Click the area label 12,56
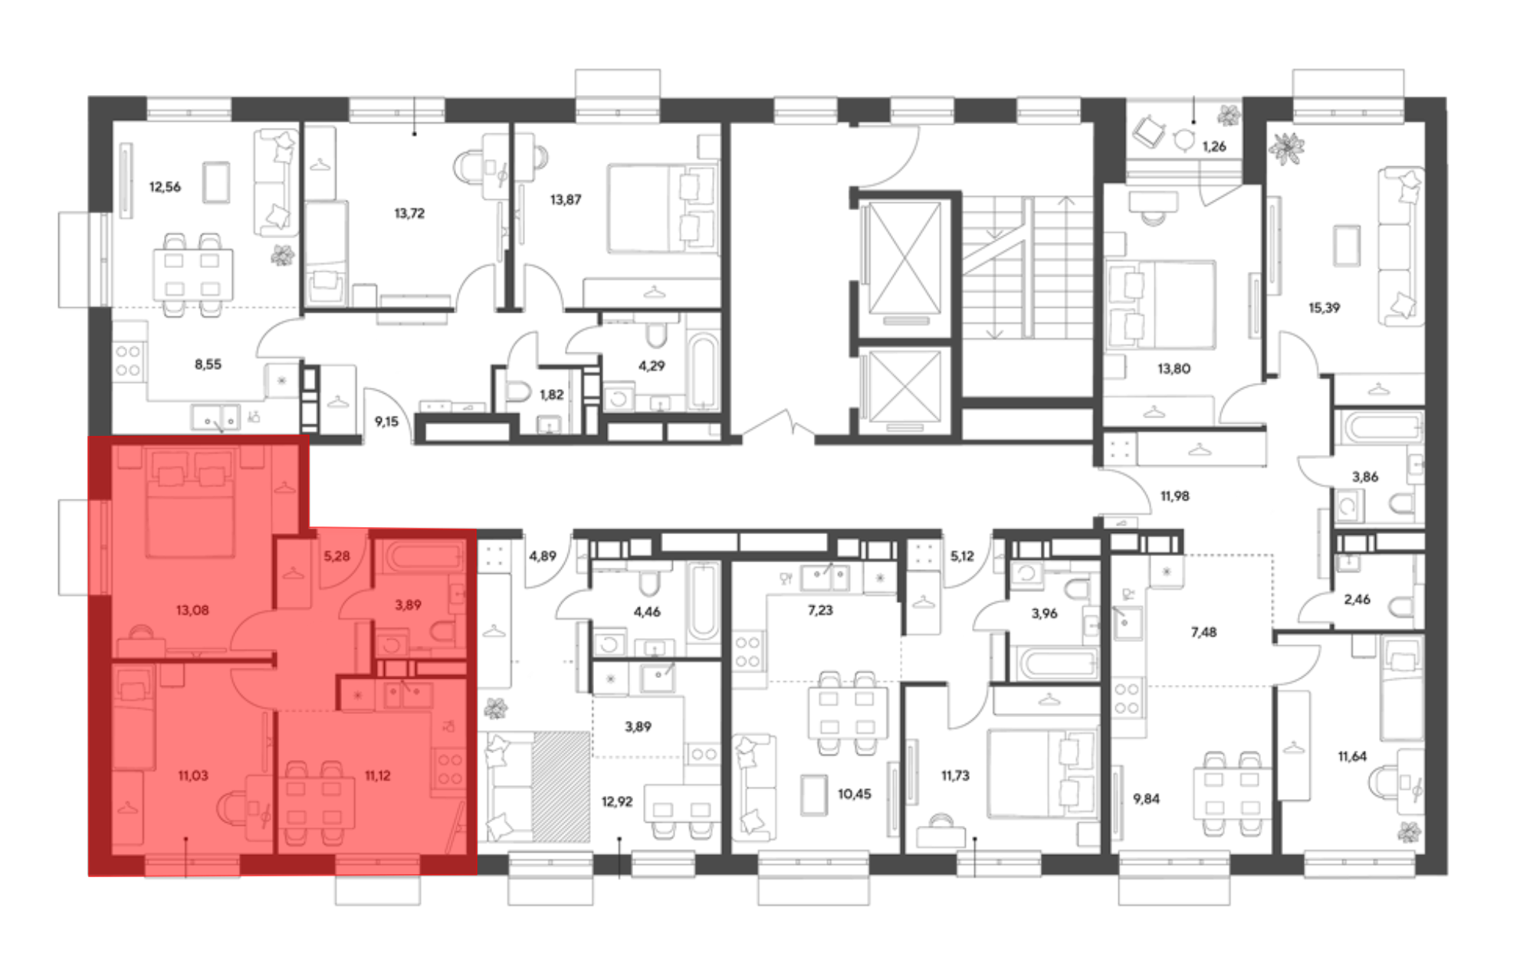coord(165,187)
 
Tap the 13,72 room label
coord(409,213)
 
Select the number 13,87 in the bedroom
coord(566,200)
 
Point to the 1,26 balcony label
coord(1214,146)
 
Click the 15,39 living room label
coord(1324,308)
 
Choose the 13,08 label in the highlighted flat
coord(192,611)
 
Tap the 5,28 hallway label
coord(336,556)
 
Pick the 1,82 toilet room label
coord(551,395)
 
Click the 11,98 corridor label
coord(1174,496)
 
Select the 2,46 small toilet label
coord(1357,600)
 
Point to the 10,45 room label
coord(854,794)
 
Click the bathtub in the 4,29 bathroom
coord(703,370)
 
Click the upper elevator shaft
coord(904,259)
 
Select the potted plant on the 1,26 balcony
coord(1229,116)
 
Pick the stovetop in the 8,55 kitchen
coord(128,362)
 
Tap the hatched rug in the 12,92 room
coord(561,787)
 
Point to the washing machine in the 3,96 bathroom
coord(1025,574)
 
